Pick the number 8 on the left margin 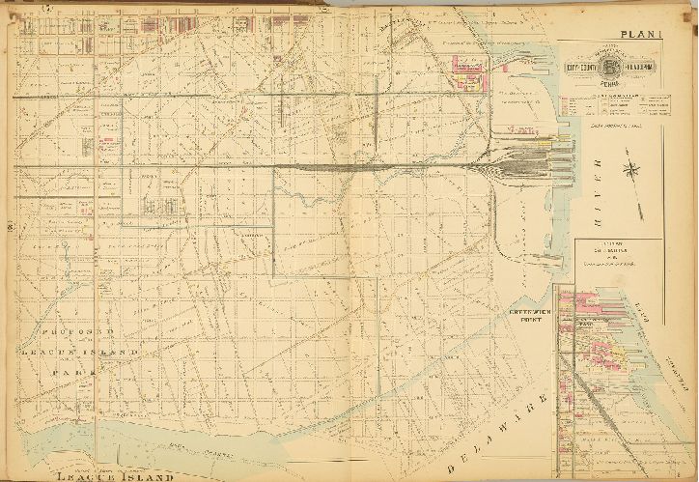coord(8,227)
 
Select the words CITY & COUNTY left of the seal coord(579,67)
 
